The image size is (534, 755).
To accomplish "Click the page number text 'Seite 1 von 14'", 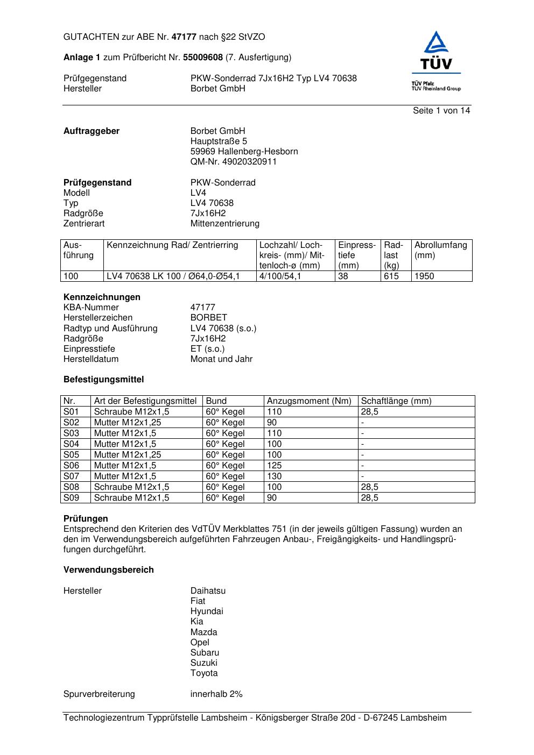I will [441, 111].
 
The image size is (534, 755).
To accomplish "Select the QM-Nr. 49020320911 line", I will [233, 162].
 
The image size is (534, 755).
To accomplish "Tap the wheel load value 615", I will [391, 276].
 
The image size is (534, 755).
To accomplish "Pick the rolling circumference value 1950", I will [424, 276].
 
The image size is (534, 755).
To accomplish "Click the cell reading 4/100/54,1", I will [280, 276].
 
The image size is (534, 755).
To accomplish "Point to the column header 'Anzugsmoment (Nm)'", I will [309, 401].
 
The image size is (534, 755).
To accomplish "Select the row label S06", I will [71, 466].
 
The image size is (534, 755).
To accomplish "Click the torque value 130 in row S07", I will [274, 476].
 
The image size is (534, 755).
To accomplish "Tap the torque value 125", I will [274, 466].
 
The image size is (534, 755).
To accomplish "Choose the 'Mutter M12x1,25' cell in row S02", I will [128, 423].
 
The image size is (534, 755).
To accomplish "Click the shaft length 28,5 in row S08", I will [369, 487].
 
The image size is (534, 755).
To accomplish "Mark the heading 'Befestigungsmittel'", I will [104, 380].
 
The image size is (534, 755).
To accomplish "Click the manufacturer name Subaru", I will [205, 653].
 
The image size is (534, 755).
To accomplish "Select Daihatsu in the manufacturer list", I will [208, 591].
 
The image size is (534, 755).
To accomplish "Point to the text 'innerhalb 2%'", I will [216, 694].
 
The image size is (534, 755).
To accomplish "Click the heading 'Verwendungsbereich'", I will [109, 570].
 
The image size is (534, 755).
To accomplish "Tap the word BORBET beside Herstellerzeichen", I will [209, 318].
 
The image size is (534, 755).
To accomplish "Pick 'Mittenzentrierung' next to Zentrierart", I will [224, 224].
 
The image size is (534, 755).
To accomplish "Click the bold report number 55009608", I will [203, 58].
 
